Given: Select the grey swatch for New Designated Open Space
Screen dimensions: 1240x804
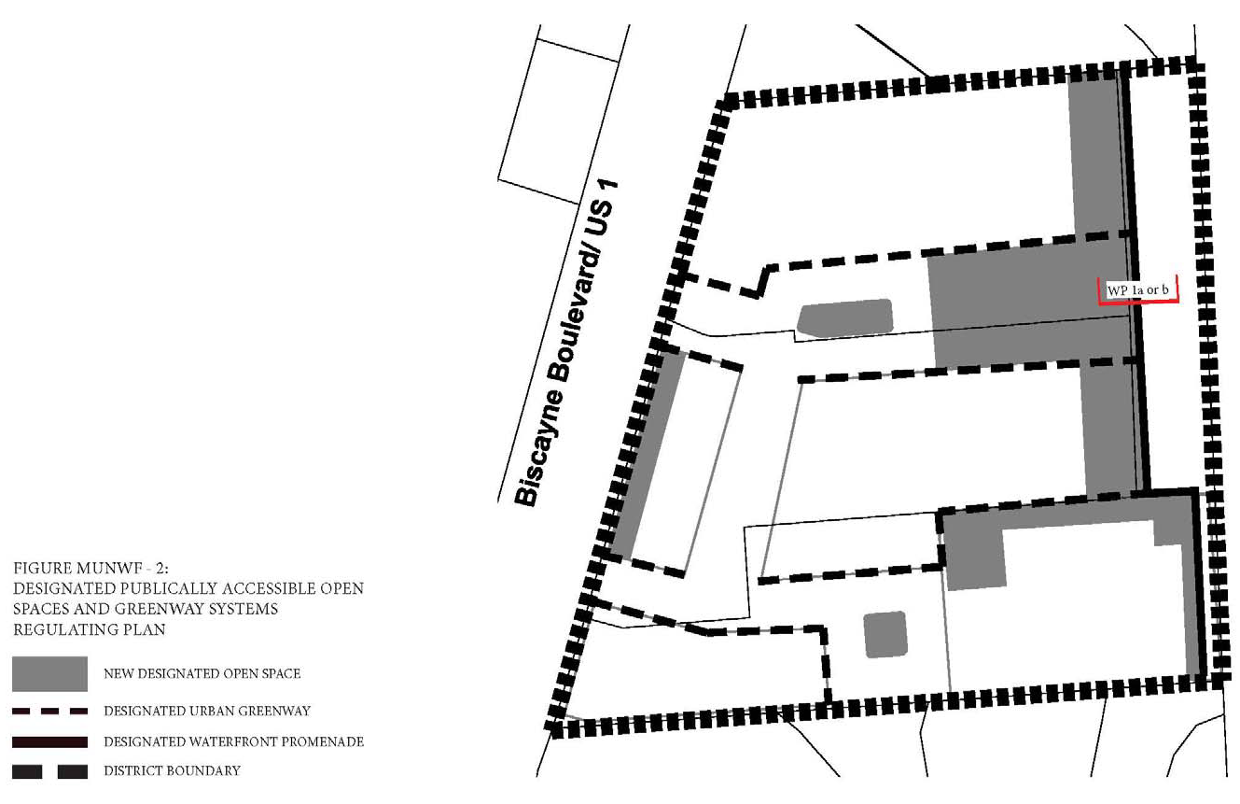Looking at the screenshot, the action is pos(49,673).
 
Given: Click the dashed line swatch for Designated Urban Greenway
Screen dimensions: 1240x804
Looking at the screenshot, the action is pos(49,711).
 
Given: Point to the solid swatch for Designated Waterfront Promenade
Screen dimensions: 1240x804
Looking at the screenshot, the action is pos(49,741).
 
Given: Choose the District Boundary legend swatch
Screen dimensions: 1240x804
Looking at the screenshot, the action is pos(49,771).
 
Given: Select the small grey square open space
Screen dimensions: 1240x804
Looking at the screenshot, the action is pos(885,635).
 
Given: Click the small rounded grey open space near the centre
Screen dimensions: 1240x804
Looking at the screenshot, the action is pos(845,317).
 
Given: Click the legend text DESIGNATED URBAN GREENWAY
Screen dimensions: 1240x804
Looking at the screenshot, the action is pos(206,712).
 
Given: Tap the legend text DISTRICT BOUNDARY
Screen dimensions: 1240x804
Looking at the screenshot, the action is pos(172,771).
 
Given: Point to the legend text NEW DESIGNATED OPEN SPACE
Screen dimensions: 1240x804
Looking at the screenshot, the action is pos(202,673).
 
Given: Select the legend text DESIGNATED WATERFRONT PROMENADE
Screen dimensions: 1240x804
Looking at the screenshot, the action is pos(233,741).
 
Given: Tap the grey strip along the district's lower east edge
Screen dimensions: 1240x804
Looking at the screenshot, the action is pos(1191,598).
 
